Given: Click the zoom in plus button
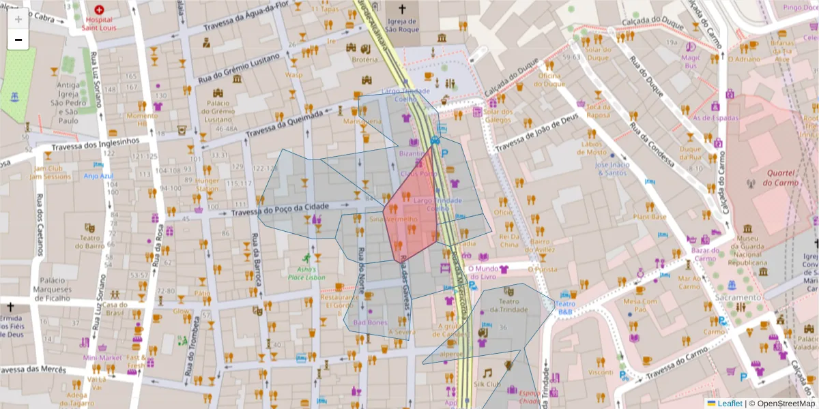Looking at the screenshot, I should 18,19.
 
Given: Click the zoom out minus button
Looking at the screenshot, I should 18,40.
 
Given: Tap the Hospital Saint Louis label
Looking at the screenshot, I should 100,24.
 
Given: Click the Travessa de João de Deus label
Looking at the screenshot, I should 536,134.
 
